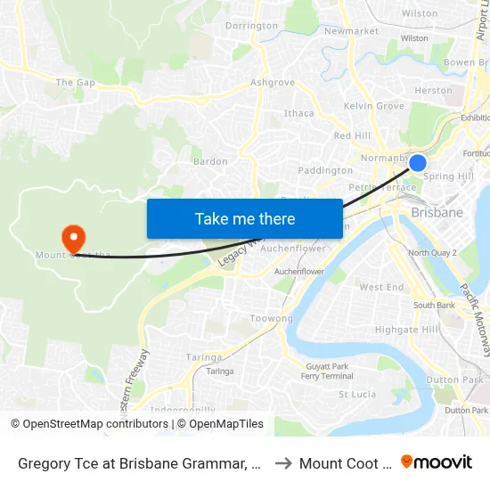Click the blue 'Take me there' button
[x=244, y=218]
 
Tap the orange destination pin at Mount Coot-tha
[x=72, y=237]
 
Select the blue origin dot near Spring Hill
[x=417, y=163]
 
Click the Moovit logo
[x=437, y=462]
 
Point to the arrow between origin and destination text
[x=282, y=463]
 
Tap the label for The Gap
[x=75, y=83]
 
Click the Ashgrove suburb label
[x=272, y=83]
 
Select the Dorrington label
[x=251, y=26]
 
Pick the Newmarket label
[x=351, y=31]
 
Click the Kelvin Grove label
[x=373, y=106]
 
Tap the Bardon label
[x=210, y=162]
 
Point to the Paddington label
[x=325, y=170]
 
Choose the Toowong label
[x=271, y=318]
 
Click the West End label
[x=381, y=287]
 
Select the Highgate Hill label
[x=406, y=330]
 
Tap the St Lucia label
[x=356, y=394]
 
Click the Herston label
[x=433, y=91]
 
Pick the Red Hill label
[x=351, y=135]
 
